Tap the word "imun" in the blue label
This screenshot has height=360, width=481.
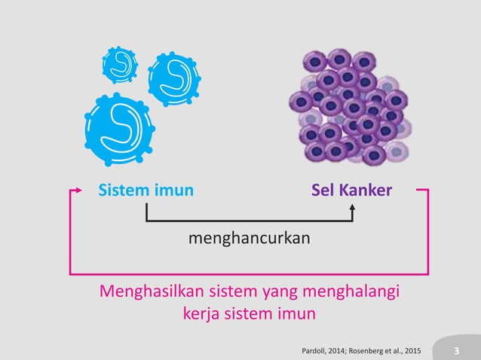[174, 190]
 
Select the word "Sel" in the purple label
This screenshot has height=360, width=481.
[323, 190]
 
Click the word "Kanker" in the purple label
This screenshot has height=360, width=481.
[366, 190]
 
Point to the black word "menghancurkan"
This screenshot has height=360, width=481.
[249, 238]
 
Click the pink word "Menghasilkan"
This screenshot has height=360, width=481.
[152, 291]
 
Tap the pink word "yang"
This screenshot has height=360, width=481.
[280, 292]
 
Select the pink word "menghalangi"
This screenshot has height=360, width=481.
[351, 291]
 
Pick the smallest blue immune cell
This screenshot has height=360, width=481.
[120, 65]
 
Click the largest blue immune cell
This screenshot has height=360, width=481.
[120, 130]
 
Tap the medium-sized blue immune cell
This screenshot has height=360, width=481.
[174, 79]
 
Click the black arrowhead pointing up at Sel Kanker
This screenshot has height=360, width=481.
[353, 207]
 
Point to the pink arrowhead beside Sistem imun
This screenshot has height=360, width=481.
[78, 191]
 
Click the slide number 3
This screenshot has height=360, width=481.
[456, 350]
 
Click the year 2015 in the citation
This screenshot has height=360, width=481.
[412, 351]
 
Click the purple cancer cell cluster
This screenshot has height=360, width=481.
[350, 107]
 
